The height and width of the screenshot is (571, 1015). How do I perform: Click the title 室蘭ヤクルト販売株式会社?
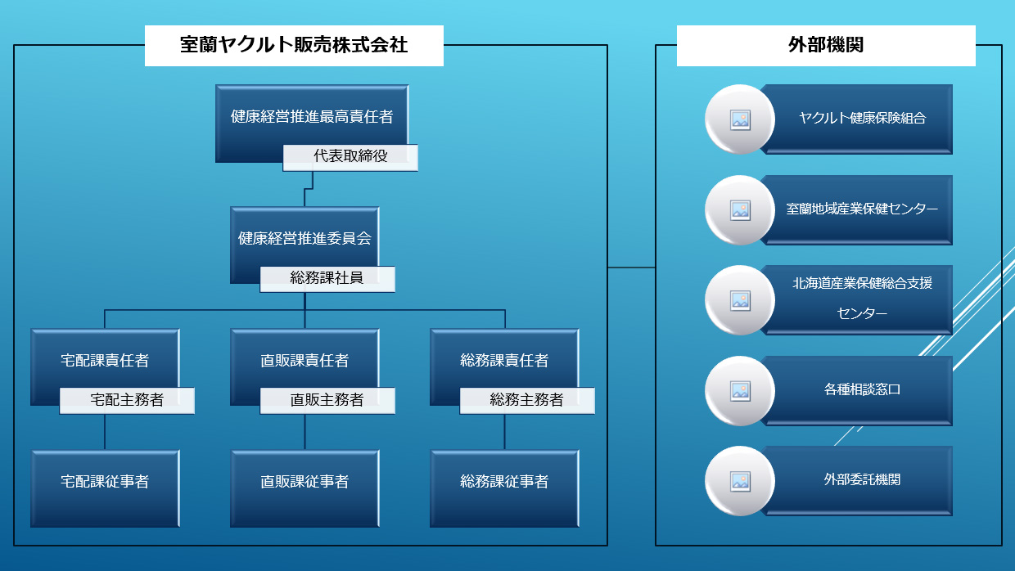pos(294,45)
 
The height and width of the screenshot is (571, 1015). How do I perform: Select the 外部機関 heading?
pos(825,45)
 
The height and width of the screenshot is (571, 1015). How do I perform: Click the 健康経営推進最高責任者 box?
pos(312,116)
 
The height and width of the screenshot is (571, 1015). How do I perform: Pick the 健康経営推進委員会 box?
pos(304,239)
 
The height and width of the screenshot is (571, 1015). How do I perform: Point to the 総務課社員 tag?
pos(327,279)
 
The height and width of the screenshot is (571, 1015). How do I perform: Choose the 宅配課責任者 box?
pos(105,360)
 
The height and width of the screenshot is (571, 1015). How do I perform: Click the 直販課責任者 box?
pos(304,360)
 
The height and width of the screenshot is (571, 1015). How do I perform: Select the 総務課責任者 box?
pos(504,360)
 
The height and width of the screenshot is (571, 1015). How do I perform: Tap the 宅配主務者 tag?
pos(127,401)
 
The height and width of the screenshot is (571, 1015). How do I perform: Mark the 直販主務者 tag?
pos(327,401)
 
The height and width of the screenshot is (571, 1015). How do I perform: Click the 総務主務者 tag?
pos(527,401)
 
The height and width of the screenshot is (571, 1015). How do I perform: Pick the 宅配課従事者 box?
pos(105,482)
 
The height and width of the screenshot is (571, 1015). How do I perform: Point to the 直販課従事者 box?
pos(304,482)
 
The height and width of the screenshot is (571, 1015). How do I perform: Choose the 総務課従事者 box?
pos(504,482)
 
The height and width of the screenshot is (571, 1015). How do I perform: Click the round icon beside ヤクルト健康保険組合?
pos(740,119)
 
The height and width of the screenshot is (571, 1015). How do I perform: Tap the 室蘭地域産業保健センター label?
pos(862,209)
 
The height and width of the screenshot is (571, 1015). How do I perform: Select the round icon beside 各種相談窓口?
pos(740,391)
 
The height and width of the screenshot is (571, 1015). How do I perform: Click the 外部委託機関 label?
pos(862,480)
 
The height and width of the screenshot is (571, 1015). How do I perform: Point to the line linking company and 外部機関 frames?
pos(631,268)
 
